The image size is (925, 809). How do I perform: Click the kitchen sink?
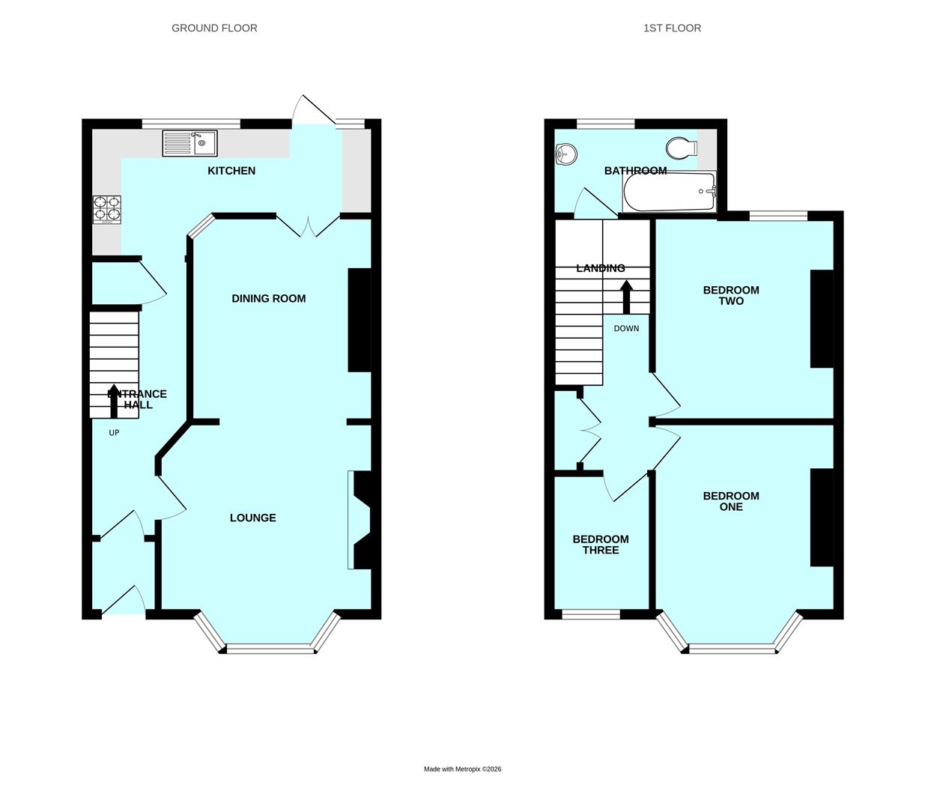coord(190,143)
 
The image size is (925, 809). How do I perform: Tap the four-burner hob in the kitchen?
coord(107,210)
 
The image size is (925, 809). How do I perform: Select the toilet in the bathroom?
coord(682,148)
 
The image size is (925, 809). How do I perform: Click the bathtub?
coord(669,191)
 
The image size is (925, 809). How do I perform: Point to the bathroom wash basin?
coord(565,155)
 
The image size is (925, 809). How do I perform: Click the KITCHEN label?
coord(231,171)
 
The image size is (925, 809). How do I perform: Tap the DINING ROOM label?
coord(269,298)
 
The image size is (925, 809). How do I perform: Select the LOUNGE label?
coord(252,518)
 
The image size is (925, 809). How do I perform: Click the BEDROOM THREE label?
coord(601,545)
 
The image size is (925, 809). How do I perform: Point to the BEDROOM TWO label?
coord(731,295)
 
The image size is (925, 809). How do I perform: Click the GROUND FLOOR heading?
coord(214,28)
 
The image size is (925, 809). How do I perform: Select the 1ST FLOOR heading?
coord(673,28)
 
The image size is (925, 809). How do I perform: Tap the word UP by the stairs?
coord(114,433)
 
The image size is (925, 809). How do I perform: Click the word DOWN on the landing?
coord(626,328)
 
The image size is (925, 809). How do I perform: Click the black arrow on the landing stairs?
coord(626,297)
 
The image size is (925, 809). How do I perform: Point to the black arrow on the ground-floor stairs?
coord(114,401)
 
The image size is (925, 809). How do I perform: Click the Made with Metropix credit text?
coord(463,769)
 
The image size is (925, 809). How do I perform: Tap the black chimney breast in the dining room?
coord(360,320)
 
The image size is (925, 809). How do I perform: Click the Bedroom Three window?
coord(591,613)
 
